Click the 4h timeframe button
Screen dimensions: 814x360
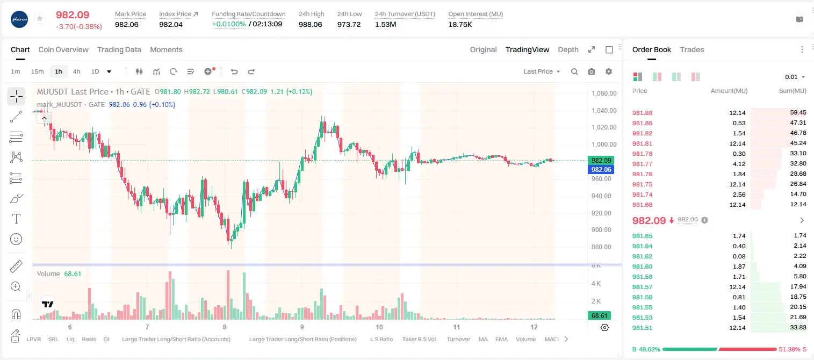(x=76, y=71)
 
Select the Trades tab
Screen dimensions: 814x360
(x=692, y=49)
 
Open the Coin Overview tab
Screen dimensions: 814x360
(x=63, y=49)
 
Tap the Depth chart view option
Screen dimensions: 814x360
(x=568, y=49)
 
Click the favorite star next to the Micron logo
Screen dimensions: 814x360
(x=40, y=18)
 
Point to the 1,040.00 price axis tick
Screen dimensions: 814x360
(x=604, y=111)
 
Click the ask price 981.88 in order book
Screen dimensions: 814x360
(x=642, y=113)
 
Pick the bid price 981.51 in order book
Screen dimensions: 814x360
(x=642, y=328)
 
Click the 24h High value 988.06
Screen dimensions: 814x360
(x=311, y=24)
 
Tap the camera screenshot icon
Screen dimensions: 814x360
(x=592, y=71)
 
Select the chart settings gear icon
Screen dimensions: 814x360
(x=609, y=71)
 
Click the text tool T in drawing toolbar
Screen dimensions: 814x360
(x=16, y=219)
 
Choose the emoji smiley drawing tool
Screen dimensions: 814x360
(x=16, y=239)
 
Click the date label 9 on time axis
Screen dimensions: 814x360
(x=302, y=327)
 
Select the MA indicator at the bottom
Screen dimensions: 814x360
(x=483, y=339)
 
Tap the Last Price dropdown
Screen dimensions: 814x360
(x=542, y=71)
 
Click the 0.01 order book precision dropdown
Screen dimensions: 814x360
(x=795, y=77)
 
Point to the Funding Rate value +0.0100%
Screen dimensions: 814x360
(x=228, y=24)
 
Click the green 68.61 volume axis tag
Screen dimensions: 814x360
(x=599, y=316)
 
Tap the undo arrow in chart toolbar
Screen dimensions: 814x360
(x=234, y=71)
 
